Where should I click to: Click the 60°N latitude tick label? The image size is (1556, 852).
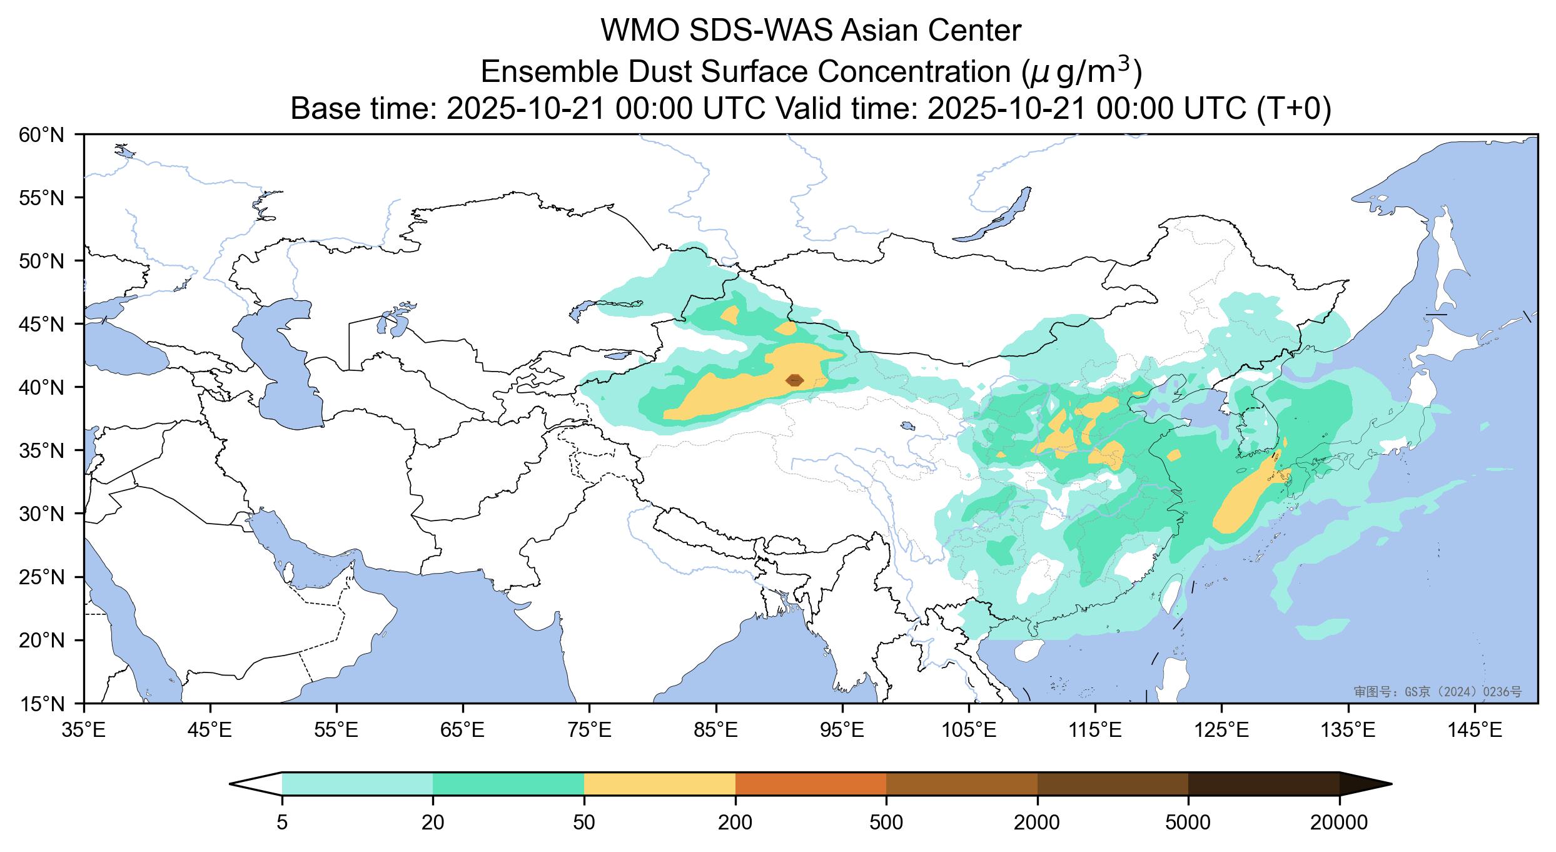[x=42, y=134]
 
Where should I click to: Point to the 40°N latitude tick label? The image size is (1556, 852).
[x=42, y=387]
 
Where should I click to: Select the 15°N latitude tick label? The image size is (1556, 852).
[x=42, y=705]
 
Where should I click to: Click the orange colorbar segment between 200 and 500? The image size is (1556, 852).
[x=811, y=783]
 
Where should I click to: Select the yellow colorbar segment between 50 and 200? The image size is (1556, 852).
[x=659, y=783]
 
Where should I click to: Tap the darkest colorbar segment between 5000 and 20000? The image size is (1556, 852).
[x=1263, y=783]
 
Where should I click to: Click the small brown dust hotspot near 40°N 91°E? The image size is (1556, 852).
[x=794, y=380]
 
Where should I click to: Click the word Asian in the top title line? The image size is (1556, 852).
[x=879, y=31]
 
